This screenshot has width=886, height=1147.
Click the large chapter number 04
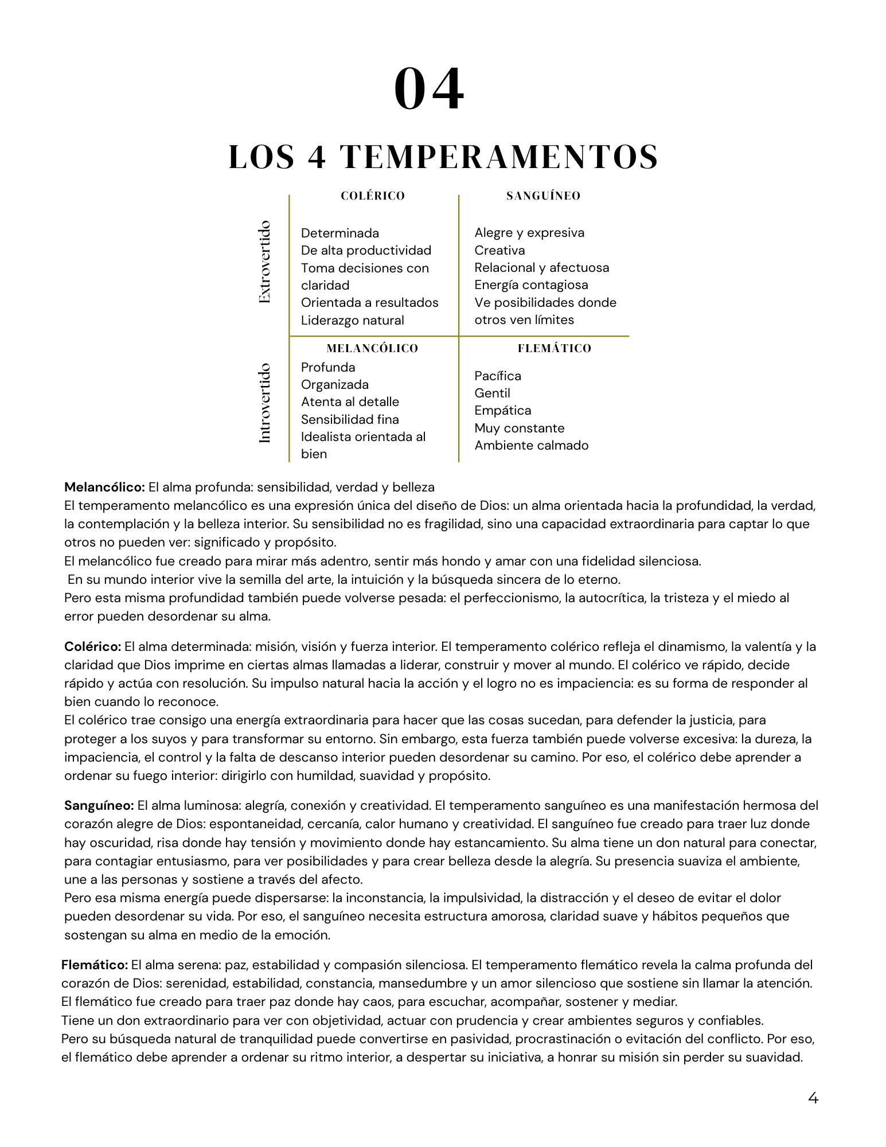(429, 89)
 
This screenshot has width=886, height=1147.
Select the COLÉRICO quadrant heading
(373, 196)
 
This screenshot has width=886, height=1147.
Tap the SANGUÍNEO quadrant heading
(543, 196)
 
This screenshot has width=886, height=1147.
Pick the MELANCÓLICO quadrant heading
(372, 349)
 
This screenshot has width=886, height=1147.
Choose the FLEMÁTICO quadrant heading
(554, 349)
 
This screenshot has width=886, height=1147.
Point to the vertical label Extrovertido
(264, 262)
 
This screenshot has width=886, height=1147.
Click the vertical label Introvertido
(264, 403)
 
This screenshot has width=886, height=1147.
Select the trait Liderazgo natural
(352, 321)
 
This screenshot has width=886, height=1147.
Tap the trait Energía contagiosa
(531, 285)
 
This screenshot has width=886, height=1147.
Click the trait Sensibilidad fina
(350, 420)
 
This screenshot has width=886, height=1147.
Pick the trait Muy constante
(519, 428)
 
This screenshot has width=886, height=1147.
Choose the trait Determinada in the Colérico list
(339, 233)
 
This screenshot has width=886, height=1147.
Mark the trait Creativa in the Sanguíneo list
(499, 251)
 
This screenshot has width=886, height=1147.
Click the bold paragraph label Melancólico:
(104, 487)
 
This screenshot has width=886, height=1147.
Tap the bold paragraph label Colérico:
(92, 647)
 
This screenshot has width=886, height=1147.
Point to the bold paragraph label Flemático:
(95, 965)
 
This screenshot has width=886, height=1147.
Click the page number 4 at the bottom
(813, 1098)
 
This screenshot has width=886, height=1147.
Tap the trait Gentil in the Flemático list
(492, 393)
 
